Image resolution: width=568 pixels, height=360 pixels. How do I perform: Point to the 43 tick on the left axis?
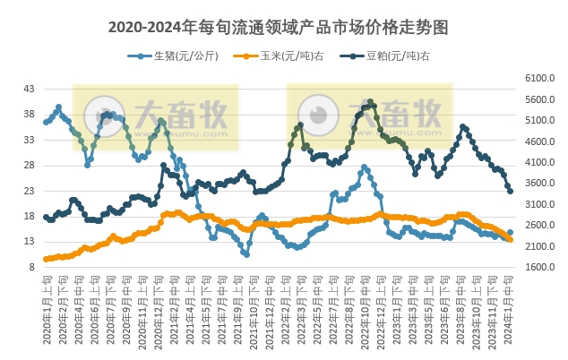[29, 90]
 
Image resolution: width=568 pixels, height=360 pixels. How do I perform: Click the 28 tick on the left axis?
[29, 166]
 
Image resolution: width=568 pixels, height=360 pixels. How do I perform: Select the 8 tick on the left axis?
[31, 267]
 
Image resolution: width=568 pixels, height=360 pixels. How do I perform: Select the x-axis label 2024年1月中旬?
[510, 304]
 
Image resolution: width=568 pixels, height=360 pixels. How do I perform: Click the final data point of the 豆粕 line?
[511, 191]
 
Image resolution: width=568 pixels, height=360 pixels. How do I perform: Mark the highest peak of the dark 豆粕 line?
[370, 102]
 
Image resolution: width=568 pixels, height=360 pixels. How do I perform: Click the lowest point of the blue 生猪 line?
[246, 254]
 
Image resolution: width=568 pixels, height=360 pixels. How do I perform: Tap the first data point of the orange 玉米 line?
[46, 260]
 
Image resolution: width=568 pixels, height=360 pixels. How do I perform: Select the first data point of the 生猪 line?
[46, 122]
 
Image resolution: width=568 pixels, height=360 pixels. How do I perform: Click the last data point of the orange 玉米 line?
[511, 239]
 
